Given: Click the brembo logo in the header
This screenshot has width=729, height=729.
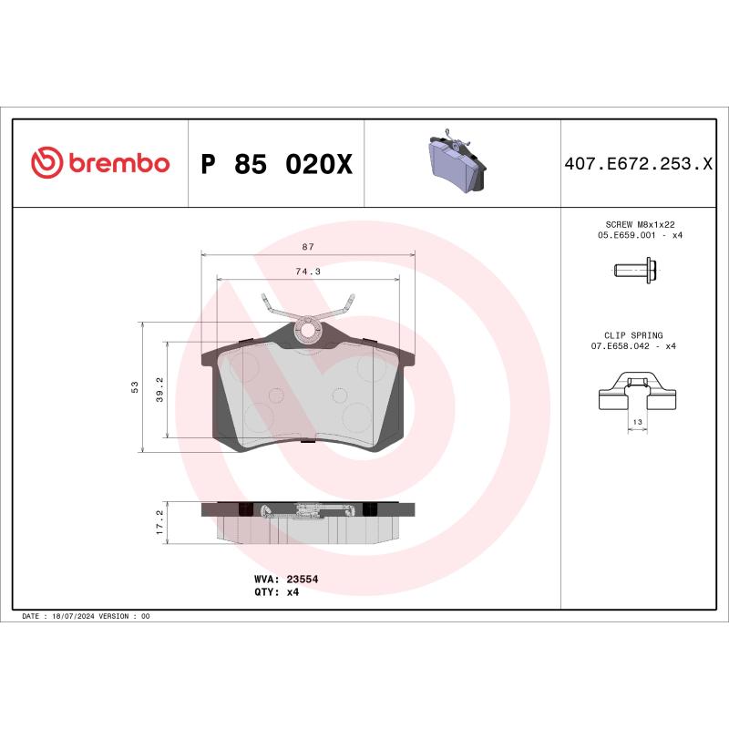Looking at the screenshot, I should (x=100, y=163).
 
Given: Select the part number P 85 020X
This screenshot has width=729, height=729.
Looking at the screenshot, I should (x=275, y=164).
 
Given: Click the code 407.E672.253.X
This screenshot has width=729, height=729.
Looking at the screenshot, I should (x=638, y=164).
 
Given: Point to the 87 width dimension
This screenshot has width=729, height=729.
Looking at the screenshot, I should (x=308, y=247).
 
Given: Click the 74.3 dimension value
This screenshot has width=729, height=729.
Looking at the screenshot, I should (x=308, y=271).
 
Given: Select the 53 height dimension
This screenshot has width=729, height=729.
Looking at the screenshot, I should (x=135, y=387).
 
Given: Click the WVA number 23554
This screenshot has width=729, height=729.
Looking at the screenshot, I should (x=302, y=579).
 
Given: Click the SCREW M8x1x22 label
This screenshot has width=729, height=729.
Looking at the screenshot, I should (x=638, y=224).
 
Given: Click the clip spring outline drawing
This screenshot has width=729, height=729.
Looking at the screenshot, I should (x=637, y=393).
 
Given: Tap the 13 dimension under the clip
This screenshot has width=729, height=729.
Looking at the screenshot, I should (x=637, y=423).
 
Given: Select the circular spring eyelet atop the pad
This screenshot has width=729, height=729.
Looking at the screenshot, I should (x=308, y=329).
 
